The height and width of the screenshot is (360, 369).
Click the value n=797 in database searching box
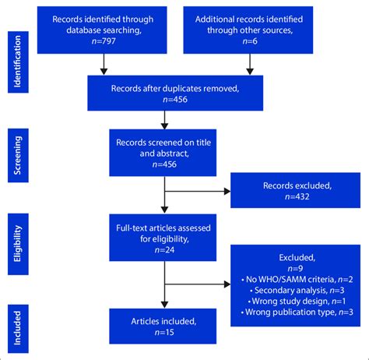(x=103, y=44)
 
